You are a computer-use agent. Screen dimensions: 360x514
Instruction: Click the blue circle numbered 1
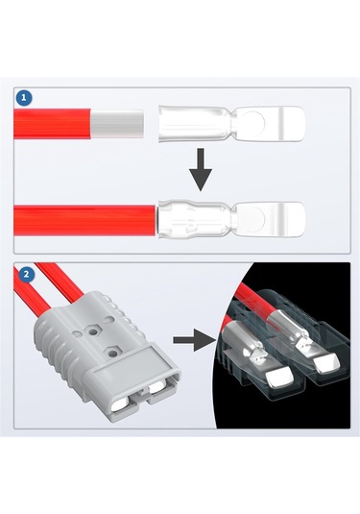pyautogui.click(x=24, y=97)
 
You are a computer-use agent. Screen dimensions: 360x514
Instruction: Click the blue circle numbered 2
pyautogui.click(x=26, y=275)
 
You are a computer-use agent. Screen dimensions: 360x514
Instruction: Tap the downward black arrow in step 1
pyautogui.click(x=201, y=169)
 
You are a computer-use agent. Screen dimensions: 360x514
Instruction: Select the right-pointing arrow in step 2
pyautogui.click(x=194, y=340)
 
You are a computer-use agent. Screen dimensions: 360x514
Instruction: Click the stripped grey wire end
pyautogui.click(x=117, y=124)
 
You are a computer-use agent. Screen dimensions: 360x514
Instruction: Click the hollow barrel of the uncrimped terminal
pyautogui.click(x=195, y=124)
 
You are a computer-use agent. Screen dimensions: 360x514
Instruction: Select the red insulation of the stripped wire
pyautogui.click(x=52, y=124)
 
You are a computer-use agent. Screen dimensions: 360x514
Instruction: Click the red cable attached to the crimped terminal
pyautogui.click(x=84, y=220)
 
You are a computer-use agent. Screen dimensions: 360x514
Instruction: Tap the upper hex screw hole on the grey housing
pyautogui.click(x=94, y=332)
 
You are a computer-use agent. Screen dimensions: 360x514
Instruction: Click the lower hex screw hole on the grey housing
pyautogui.click(x=113, y=353)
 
